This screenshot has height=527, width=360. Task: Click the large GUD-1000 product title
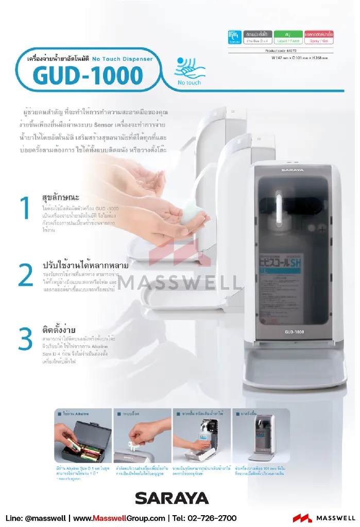click(88, 76)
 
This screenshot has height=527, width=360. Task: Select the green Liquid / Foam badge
click(288, 37)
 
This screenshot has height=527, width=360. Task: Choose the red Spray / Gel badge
click(319, 37)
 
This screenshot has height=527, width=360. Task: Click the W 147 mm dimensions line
click(299, 58)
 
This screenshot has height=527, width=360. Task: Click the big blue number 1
click(25, 208)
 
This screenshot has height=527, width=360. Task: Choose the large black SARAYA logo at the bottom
click(172, 498)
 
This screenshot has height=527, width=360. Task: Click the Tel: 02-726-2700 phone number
click(204, 518)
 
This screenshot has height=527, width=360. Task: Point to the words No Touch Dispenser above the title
click(123, 59)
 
